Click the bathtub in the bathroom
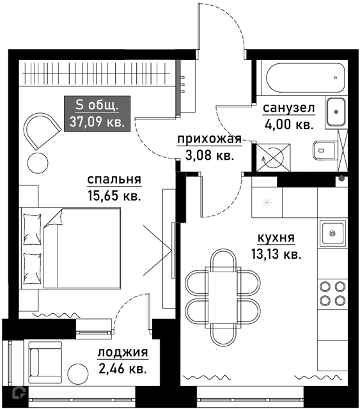point(305,78)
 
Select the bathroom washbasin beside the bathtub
point(336,112)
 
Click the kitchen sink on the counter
point(333,233)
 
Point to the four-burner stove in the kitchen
point(333,293)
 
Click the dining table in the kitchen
point(223,297)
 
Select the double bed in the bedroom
point(70,248)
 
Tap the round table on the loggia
point(78,373)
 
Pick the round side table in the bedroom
point(38,162)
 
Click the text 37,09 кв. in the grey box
point(97,121)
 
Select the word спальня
point(114,180)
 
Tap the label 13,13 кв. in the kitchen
point(276,254)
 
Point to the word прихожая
point(209,139)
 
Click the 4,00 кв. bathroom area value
point(288,125)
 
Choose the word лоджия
point(123,352)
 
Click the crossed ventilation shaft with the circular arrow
point(273,158)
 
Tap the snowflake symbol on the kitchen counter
point(267,203)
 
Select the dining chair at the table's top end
point(223,260)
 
